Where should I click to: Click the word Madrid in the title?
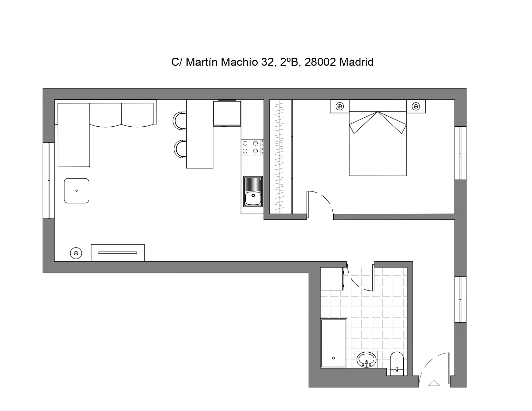tap(356, 62)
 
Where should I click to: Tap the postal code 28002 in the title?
tap(320, 62)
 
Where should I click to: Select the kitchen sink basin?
tap(253, 191)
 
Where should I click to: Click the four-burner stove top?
tap(252, 147)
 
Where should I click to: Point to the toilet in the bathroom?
tap(397, 364)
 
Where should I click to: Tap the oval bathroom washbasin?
tap(366, 360)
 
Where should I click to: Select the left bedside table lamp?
tap(340, 106)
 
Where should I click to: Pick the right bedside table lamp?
tap(416, 106)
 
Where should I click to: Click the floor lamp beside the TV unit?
tap(76, 253)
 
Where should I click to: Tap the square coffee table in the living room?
tap(77, 191)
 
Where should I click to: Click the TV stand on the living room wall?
tap(118, 253)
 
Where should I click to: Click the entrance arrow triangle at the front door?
tap(434, 383)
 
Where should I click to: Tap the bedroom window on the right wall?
tap(460, 153)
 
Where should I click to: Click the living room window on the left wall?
tap(49, 181)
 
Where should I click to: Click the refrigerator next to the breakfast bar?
tap(227, 113)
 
